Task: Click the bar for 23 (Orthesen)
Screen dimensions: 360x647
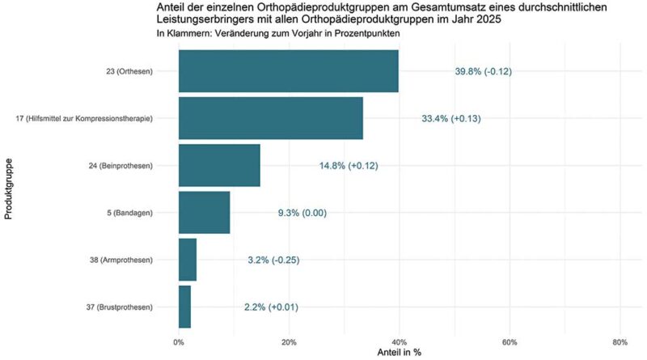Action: pos(288,71)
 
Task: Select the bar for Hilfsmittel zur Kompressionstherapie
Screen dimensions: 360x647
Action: pos(270,118)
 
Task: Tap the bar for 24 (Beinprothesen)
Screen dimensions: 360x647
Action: pos(219,165)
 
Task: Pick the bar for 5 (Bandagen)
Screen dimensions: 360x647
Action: pos(204,213)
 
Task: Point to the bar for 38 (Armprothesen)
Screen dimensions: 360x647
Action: pos(188,260)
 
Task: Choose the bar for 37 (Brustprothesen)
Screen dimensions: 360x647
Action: pos(184,307)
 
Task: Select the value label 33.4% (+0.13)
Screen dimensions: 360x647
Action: pos(451,119)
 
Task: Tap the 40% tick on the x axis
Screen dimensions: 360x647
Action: pos(399,341)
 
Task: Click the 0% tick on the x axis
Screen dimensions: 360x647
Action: pos(179,341)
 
